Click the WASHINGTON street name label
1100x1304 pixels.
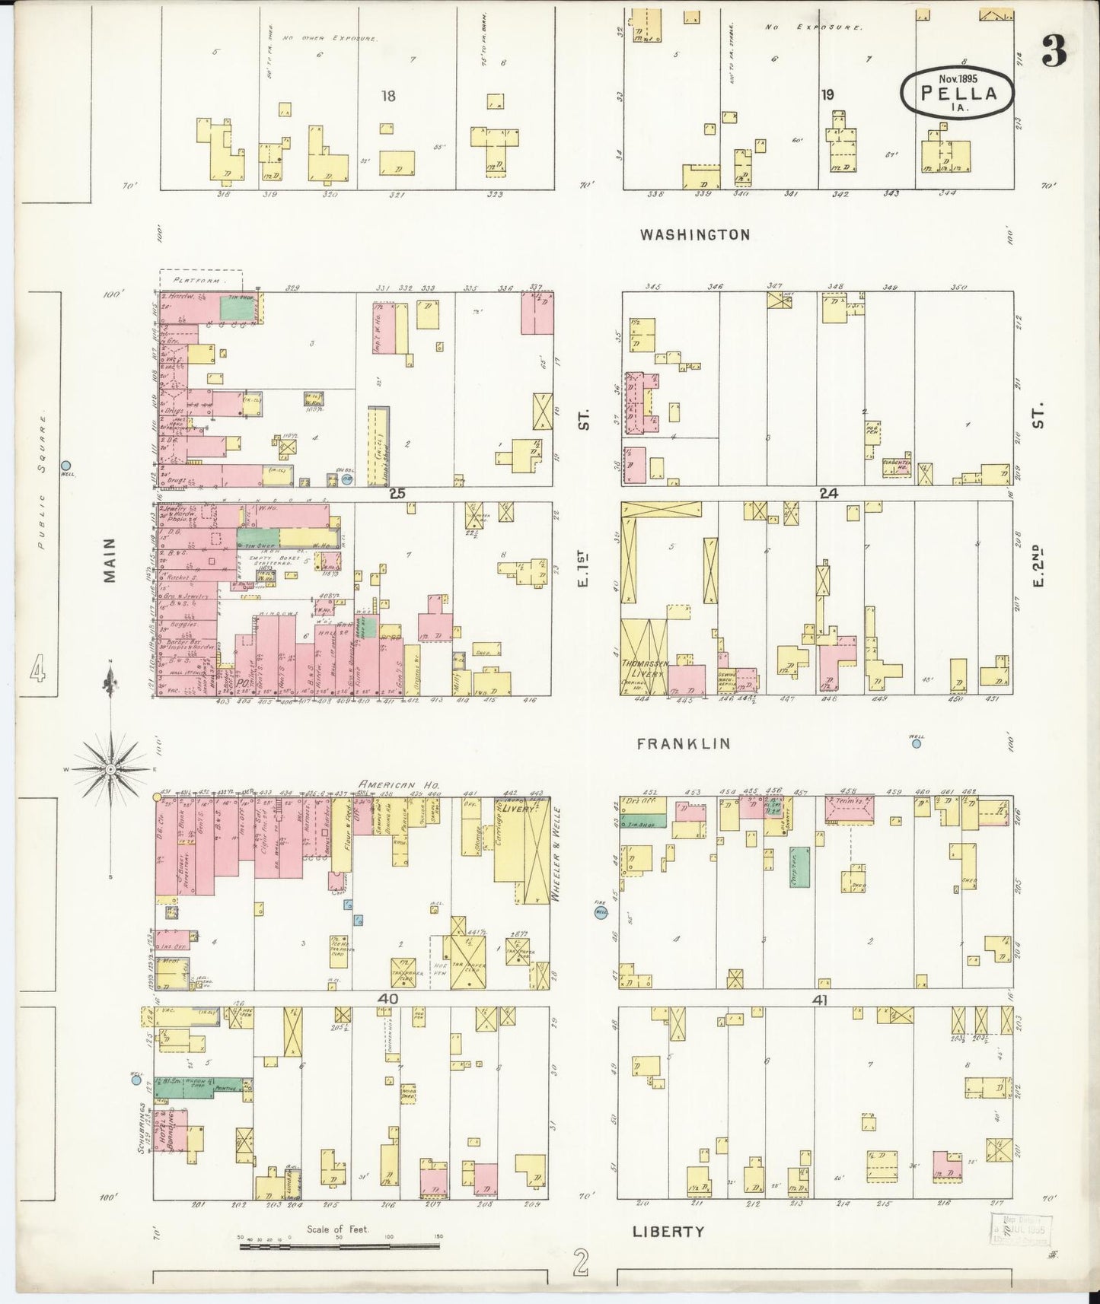694,235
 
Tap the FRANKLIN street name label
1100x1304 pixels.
683,743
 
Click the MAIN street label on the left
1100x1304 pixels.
110,561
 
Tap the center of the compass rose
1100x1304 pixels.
111,769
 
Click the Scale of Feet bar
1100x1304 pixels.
340,1246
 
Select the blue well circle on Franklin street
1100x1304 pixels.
917,744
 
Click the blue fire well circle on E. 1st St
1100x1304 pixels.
601,914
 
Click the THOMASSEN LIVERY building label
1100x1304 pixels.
644,668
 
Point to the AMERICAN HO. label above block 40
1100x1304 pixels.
396,784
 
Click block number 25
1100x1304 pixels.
397,493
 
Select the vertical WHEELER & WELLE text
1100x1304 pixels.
556,854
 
